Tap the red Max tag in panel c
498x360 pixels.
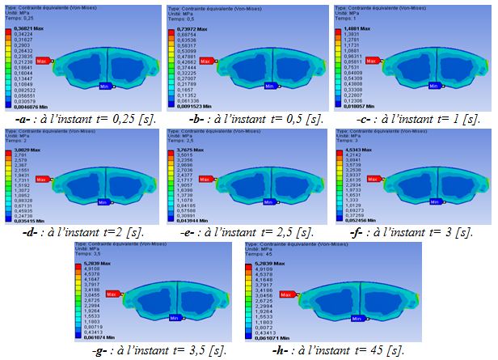373,60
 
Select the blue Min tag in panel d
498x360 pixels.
103,202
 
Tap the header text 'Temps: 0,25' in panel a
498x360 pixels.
19,16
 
